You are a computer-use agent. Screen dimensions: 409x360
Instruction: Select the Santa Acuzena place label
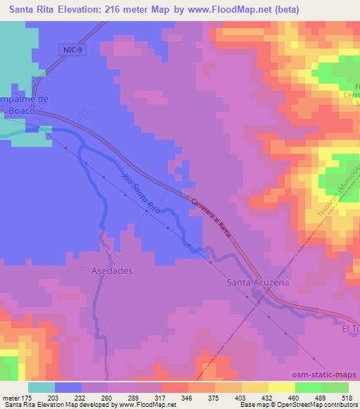[258, 283]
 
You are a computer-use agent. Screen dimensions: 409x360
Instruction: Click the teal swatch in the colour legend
[41, 387]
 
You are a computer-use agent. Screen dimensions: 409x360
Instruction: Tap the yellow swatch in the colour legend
[282, 387]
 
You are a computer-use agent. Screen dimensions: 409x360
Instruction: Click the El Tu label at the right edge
[349, 328]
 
